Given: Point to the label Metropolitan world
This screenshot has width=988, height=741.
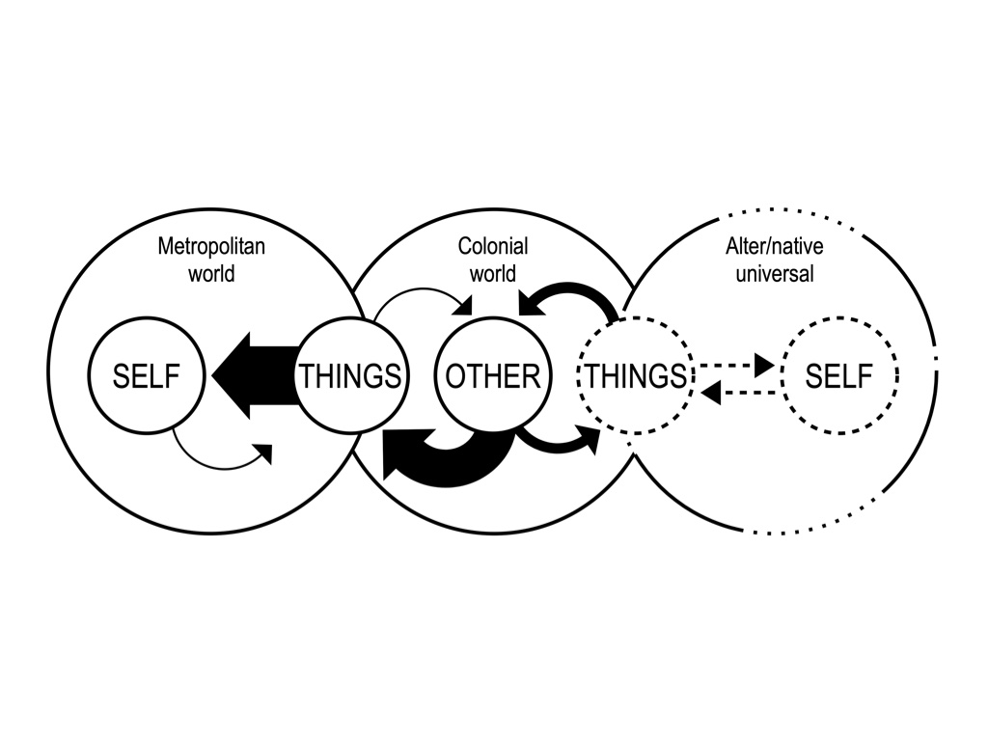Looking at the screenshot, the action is click(211, 260).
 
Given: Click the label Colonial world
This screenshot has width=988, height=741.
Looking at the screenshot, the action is click(493, 260).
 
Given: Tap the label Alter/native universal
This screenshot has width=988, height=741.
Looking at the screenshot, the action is click(775, 260).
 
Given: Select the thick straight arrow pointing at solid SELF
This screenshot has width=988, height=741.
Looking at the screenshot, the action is click(255, 375).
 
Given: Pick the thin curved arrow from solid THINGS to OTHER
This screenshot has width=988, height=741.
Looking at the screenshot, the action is click(424, 289).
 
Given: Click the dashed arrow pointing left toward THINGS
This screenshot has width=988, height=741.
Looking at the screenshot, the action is click(738, 394).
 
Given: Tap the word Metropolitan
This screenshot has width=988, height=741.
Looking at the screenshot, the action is click(211, 246).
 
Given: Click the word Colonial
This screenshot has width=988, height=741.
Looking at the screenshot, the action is click(493, 246).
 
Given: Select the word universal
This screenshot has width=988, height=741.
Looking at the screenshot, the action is click(775, 273).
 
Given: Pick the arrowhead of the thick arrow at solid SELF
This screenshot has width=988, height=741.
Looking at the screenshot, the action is click(231, 375).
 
